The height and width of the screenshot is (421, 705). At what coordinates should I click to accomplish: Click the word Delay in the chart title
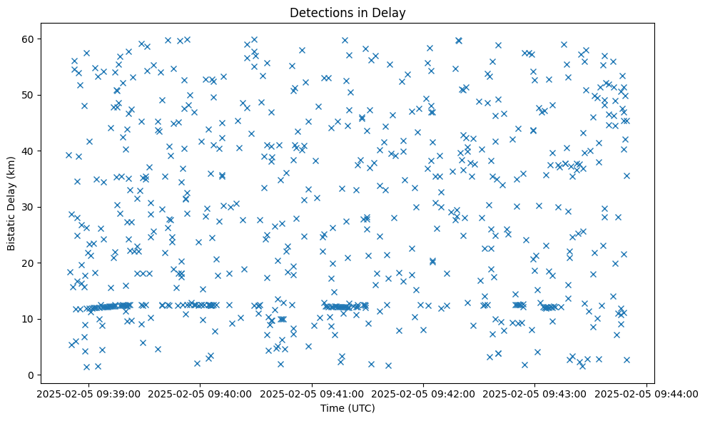[390, 12]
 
